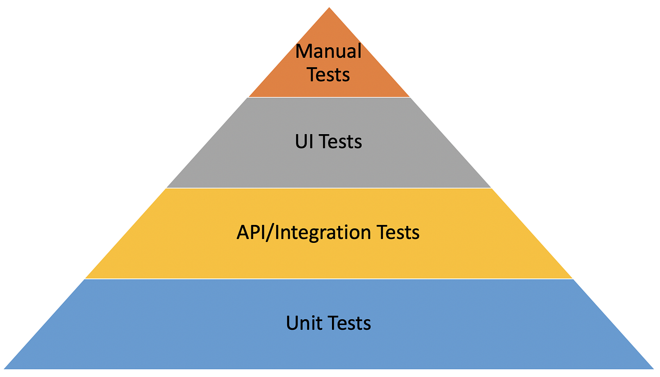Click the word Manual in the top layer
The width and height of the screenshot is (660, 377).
pyautogui.click(x=329, y=51)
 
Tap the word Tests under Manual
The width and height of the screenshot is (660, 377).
pyautogui.click(x=329, y=75)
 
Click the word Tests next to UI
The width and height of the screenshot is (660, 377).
pyautogui.click(x=340, y=141)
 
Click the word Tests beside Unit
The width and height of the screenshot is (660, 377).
pyautogui.click(x=349, y=323)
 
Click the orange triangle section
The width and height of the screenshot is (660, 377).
pyautogui.click(x=329, y=29)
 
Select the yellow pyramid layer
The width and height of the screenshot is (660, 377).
pyautogui.click(x=329, y=257)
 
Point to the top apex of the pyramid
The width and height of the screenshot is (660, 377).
pyautogui.click(x=329, y=8)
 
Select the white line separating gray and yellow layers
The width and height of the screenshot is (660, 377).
pyautogui.click(x=329, y=188)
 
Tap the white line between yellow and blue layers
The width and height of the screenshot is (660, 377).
pyautogui.click(x=329, y=279)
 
